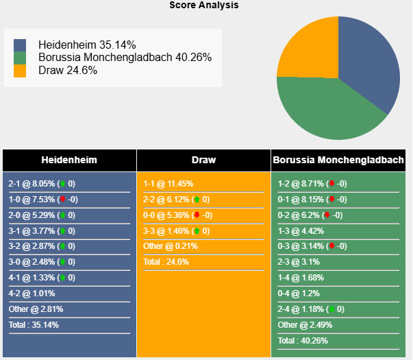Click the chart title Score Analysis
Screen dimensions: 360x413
(204, 5)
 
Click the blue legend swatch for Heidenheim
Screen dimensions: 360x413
(20, 45)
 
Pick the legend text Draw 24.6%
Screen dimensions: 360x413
(68, 70)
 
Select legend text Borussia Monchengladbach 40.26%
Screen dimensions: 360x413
(125, 58)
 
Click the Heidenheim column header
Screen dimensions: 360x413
(69, 160)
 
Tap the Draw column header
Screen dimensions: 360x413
(203, 160)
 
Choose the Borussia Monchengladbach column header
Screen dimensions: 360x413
(338, 160)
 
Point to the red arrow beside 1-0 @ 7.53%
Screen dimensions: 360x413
(62, 200)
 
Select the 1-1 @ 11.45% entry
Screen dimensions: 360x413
(168, 184)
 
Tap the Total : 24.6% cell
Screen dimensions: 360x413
(166, 262)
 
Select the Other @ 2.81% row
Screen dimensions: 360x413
(32, 309)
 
